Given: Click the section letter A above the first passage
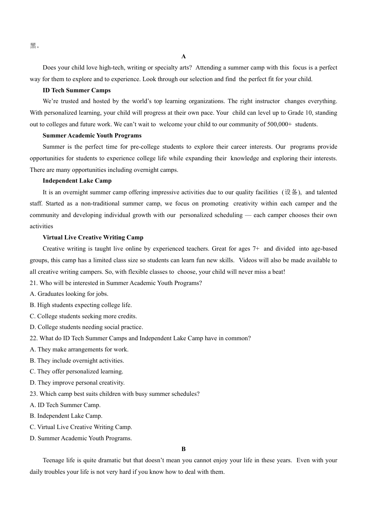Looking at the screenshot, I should coord(183,56).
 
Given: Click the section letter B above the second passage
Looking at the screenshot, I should coord(183,449).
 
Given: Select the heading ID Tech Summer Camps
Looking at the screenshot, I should coord(76,90).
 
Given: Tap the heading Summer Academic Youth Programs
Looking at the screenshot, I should coord(92,136).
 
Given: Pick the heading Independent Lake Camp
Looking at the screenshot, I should coord(77,181).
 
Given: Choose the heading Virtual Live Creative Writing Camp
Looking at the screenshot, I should coord(93,237).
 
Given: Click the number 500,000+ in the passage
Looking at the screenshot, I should coord(279,124).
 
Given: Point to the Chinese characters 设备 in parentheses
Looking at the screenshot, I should coord(291,192).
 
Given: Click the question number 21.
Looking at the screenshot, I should coord(34,283).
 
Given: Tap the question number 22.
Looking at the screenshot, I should coord(34,338).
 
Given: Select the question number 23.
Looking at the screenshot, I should coord(34,394).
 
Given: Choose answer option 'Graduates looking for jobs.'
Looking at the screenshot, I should coord(69,294).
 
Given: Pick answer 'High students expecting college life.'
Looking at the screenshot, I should coord(81,305).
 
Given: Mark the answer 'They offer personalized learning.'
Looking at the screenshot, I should coord(76,371).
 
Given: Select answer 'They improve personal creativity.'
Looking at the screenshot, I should coord(77,383).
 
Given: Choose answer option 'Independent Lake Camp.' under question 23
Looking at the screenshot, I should coord(66,416).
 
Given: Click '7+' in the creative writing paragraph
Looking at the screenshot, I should coord(256,249).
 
